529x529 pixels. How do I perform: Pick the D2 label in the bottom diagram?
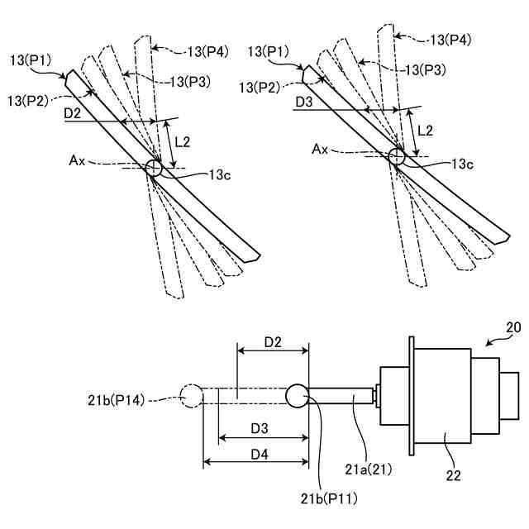(273, 340)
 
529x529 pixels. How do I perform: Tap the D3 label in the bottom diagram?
(261, 428)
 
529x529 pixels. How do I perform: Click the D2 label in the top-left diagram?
(72, 113)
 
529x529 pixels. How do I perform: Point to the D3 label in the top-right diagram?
(303, 103)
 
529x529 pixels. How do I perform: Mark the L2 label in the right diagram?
(426, 130)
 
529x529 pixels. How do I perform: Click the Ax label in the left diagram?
(79, 160)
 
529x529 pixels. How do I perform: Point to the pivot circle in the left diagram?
(154, 168)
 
